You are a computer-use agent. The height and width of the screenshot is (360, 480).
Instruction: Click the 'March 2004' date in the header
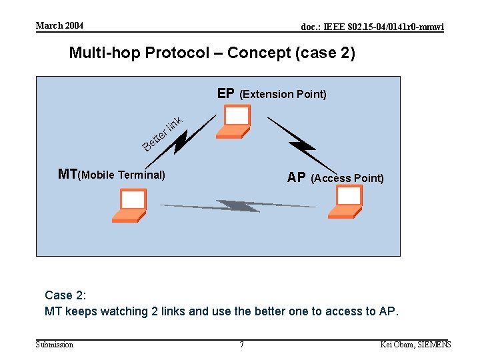coord(59,26)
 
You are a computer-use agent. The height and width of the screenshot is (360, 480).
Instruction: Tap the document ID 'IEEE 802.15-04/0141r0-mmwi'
coord(372,27)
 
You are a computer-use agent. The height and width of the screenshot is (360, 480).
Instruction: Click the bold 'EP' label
coord(225,93)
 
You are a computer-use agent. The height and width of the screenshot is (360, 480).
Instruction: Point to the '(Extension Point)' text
coord(283,94)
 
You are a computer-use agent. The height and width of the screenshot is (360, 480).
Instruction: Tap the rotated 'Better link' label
coord(162,133)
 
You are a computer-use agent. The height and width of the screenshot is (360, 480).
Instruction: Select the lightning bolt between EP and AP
coord(301,143)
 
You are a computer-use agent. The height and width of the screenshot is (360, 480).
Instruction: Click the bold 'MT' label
coord(67,175)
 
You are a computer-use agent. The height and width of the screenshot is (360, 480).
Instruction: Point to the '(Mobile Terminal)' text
coord(121,175)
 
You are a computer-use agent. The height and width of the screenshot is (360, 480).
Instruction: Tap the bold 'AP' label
coord(297,178)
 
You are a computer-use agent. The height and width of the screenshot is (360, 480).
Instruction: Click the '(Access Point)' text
coord(347,178)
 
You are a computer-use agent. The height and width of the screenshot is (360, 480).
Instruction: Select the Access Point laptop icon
coord(346,201)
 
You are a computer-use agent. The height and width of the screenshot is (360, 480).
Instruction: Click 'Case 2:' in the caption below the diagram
coord(65,295)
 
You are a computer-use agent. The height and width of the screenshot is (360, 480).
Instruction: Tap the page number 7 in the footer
coord(241,345)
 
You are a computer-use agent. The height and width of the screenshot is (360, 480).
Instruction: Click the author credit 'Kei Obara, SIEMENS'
coord(415,345)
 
